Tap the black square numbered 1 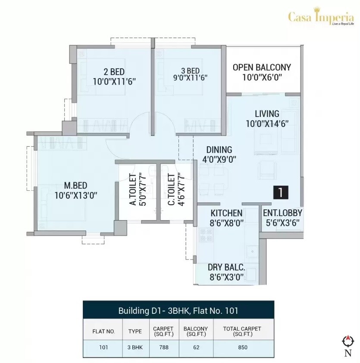point(280,193)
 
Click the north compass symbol point(347,342)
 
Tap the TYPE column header point(135,331)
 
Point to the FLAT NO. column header point(103,331)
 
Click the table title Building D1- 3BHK point(178,310)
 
